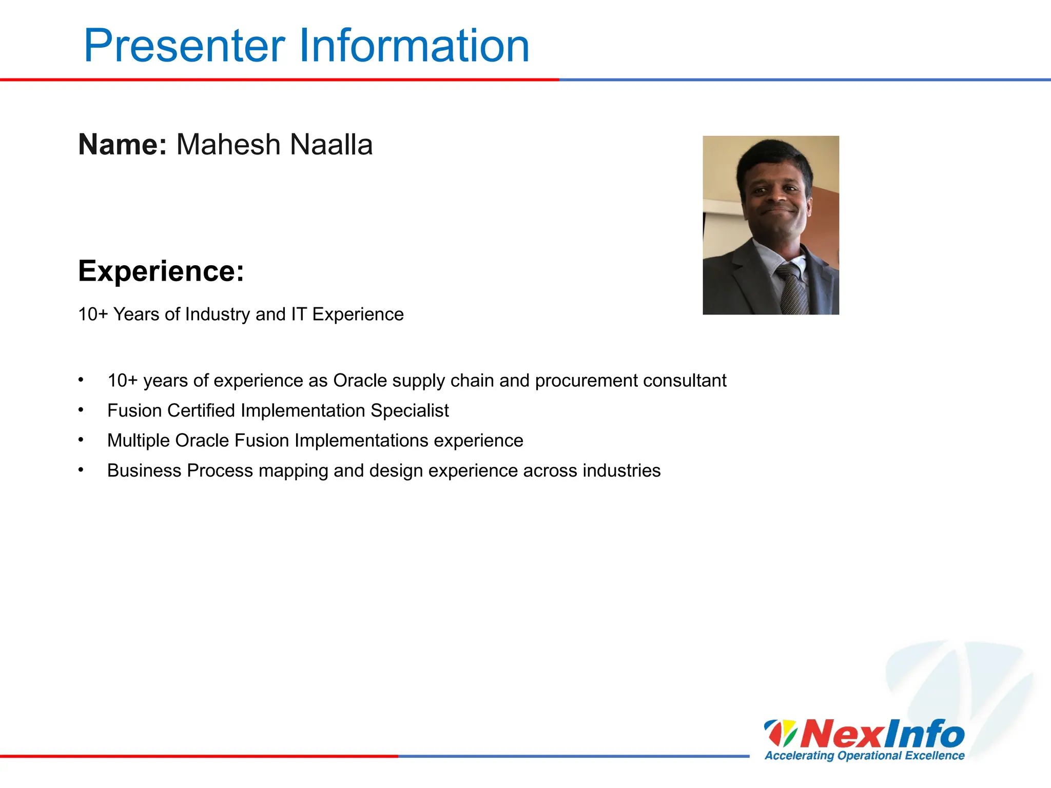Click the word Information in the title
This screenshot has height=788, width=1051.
pyautogui.click(x=414, y=46)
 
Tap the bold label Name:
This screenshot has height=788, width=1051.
pyautogui.click(x=122, y=145)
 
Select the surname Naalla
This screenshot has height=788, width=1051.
pyautogui.click(x=331, y=145)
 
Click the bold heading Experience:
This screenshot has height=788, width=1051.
pyautogui.click(x=161, y=271)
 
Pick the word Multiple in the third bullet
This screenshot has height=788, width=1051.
pyautogui.click(x=138, y=441)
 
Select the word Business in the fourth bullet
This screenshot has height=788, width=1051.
pyautogui.click(x=144, y=470)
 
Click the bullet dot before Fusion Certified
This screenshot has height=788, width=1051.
pyautogui.click(x=81, y=410)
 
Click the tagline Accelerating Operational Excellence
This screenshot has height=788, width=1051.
pyautogui.click(x=865, y=756)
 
